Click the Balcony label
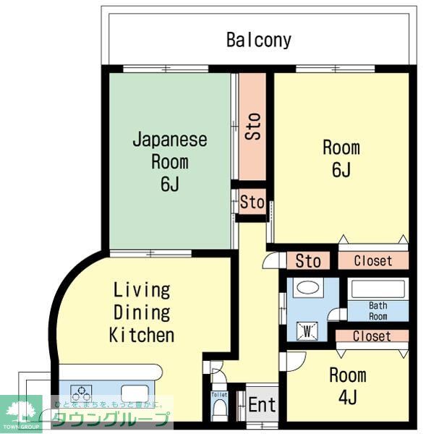259,39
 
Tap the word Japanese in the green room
169,140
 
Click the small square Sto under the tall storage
252,203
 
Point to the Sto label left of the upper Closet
308,260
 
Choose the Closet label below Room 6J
373,260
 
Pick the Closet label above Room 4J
372,336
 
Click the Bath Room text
378,311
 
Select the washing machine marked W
307,331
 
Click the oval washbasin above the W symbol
308,289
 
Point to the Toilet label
218,396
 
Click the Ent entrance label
262,405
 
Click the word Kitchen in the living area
142,335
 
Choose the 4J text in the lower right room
347,397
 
